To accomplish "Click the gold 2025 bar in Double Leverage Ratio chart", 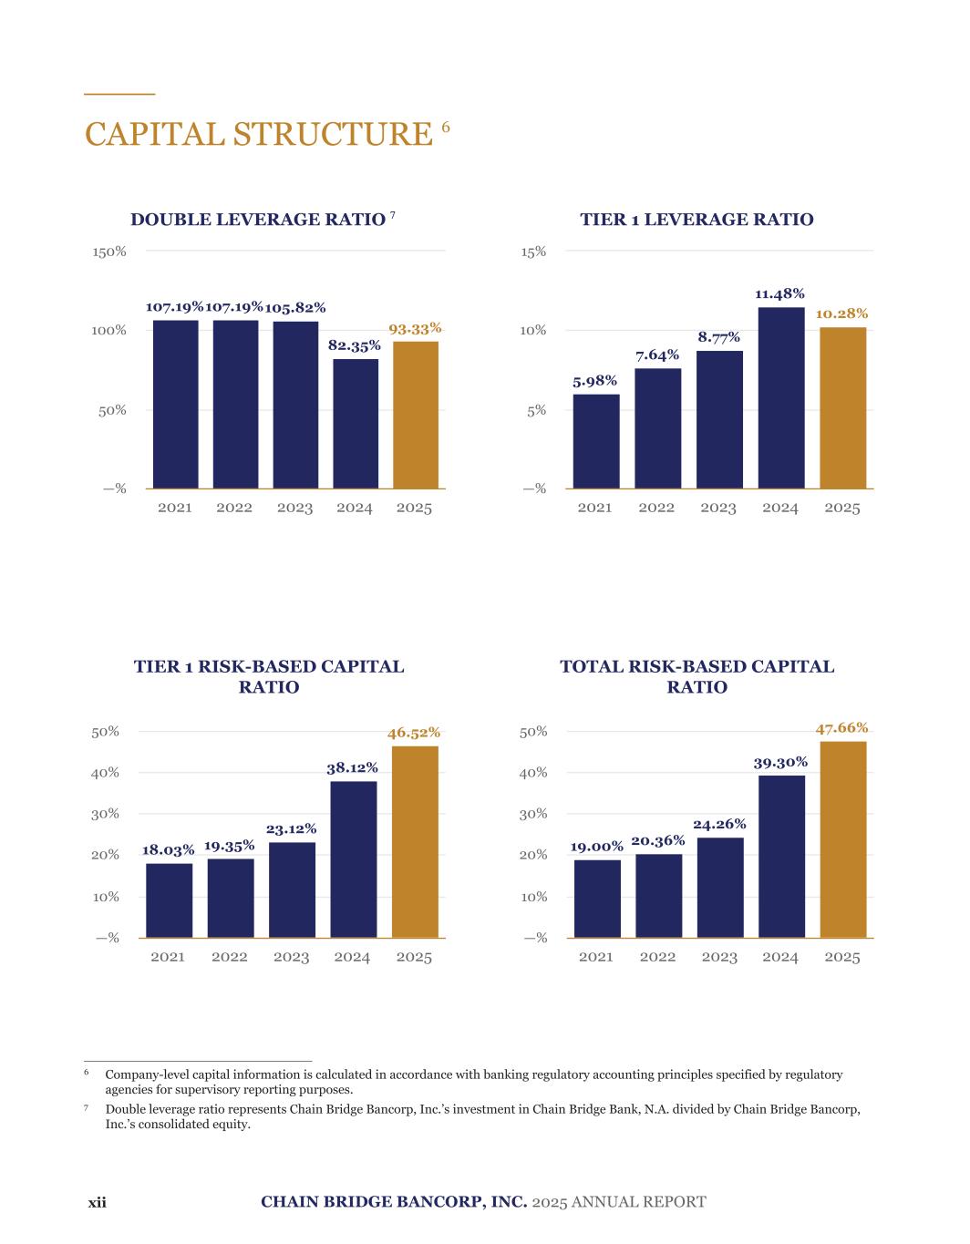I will (x=416, y=415).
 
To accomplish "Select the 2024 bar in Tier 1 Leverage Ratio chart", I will (x=781, y=397).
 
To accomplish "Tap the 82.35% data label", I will (x=354, y=345).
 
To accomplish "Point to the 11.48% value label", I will (x=779, y=293).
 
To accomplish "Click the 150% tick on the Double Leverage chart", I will (x=108, y=252).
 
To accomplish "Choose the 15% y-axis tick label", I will (x=533, y=252).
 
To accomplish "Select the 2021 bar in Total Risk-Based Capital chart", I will (x=597, y=899).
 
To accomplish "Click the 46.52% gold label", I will (x=414, y=732).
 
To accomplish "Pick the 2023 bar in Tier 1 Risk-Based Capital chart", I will (x=292, y=889).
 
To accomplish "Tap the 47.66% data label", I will (x=841, y=727).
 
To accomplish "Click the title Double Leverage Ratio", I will (x=258, y=220).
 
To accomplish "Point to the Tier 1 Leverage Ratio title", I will (x=697, y=220).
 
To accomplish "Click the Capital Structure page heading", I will (x=258, y=134).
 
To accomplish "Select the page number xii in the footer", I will (x=97, y=1202).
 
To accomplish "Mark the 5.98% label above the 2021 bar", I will (x=594, y=380).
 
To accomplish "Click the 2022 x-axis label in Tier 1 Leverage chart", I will (x=656, y=508).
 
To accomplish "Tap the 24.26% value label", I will (x=719, y=824).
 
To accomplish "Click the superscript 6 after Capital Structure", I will (x=446, y=127).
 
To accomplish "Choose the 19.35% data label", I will (x=229, y=846).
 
